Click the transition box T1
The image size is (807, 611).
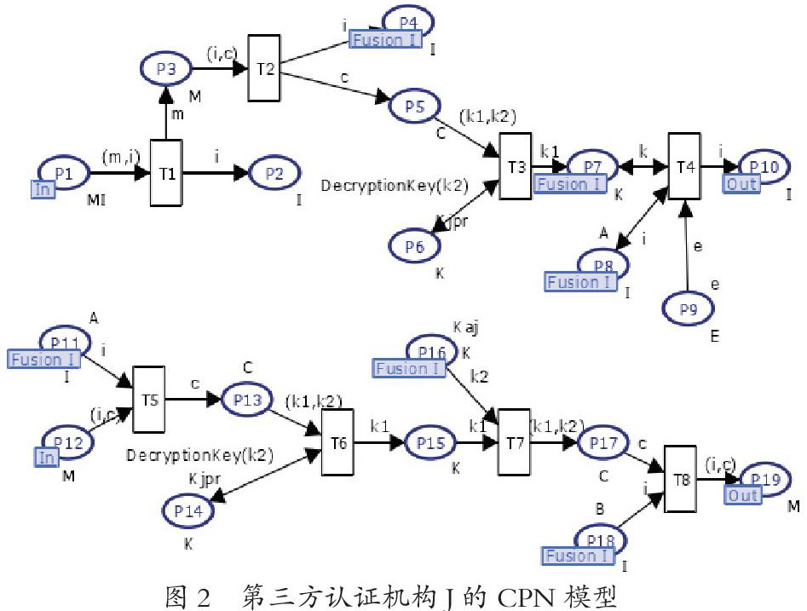point(166,174)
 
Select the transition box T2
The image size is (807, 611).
point(265,67)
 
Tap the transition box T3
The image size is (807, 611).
point(515,165)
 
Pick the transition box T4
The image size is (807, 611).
point(684,165)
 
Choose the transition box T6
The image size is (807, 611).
point(337,442)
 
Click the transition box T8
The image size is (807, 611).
point(680,479)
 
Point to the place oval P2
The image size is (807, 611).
point(274,173)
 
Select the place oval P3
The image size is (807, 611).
point(167,68)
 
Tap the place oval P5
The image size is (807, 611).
point(414,107)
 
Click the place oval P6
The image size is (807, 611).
point(415,245)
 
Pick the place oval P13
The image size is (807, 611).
point(248,398)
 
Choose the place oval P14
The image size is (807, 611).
point(188,510)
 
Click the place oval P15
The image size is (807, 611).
point(431,442)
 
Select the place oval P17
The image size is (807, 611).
point(603,442)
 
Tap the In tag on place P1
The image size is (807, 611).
point(43,189)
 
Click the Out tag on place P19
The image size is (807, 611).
point(742,496)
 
